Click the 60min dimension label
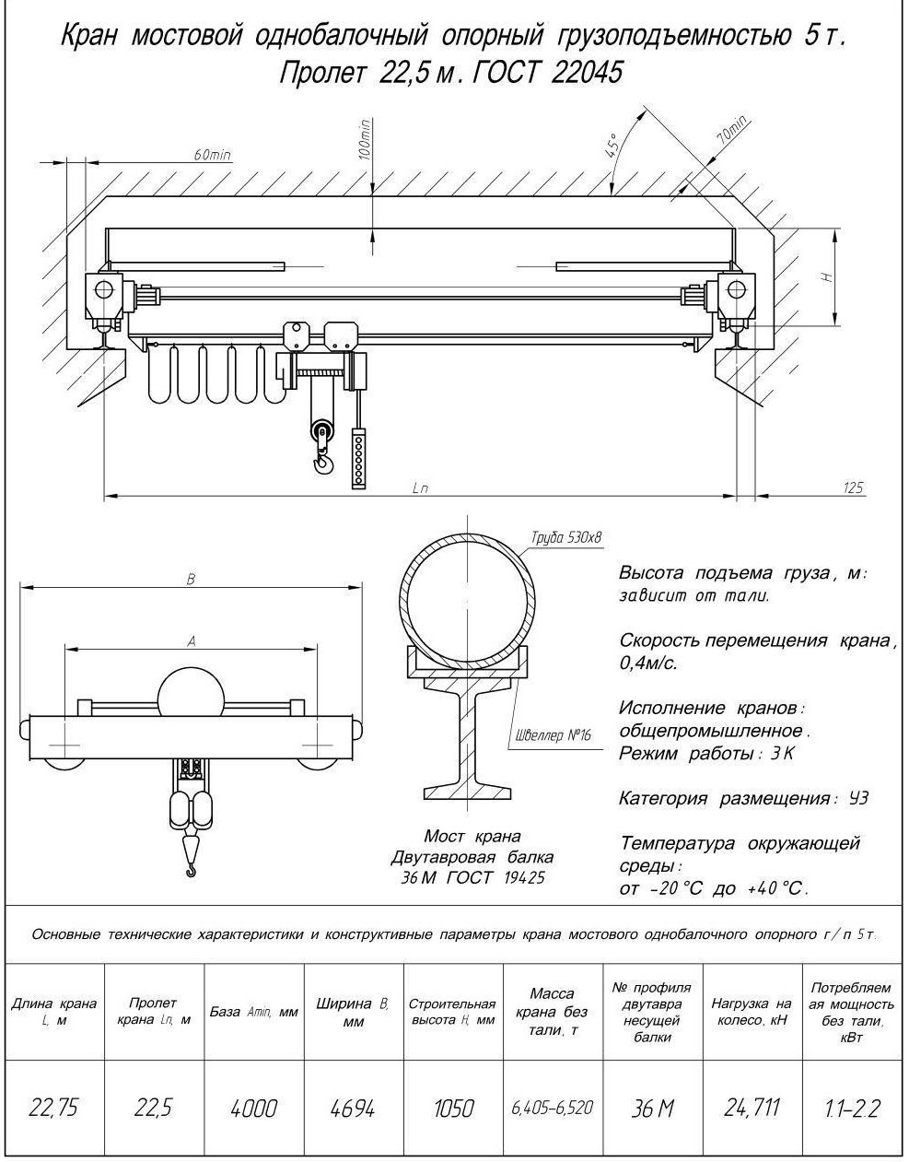(212, 155)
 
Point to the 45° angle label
(612, 145)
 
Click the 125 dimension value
(853, 487)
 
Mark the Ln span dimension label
(421, 487)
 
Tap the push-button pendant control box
(358, 458)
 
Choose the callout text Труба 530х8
(566, 537)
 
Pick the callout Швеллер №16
(554, 735)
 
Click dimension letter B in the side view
(191, 579)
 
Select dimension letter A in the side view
(192, 640)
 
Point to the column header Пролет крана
(154, 1011)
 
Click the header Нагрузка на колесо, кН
(752, 1011)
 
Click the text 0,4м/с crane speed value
(648, 663)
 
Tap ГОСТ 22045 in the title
(547, 73)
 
